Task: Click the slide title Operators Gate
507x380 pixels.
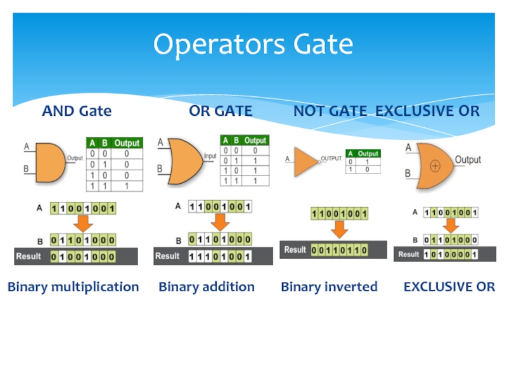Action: coord(253,45)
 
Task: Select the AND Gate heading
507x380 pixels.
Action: coord(77,111)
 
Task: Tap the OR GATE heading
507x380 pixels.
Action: coord(221,111)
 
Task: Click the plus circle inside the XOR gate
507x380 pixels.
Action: coord(435,166)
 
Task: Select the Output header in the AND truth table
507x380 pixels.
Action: coord(127,143)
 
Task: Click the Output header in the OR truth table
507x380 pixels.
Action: coord(255,140)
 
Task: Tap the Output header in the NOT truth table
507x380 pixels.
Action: coord(368,153)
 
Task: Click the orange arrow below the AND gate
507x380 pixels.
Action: coord(82,224)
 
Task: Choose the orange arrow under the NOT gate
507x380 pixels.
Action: coord(339,230)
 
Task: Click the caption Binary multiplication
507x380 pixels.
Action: coord(73,287)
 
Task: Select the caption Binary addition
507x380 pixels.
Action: coord(207,287)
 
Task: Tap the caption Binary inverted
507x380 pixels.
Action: coord(329,287)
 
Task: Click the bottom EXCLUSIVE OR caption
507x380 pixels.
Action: coord(449,287)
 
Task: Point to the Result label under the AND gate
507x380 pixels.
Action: coord(29,256)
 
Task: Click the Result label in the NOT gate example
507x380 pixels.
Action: coord(295,250)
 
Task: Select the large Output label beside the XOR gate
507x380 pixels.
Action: coord(468,160)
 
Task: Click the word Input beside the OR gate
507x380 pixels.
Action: coord(210,156)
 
